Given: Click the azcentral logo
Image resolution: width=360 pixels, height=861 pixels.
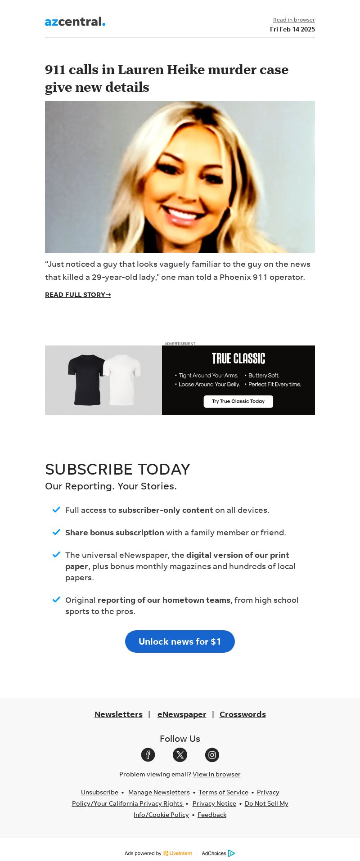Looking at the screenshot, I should point(75,22).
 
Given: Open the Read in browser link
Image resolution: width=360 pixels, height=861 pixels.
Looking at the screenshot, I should point(294,20).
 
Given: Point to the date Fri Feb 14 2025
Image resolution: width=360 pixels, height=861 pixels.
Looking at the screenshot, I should point(292,29).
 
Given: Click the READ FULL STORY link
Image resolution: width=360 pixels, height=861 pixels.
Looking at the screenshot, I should point(78,295).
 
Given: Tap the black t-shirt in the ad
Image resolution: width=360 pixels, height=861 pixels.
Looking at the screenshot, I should point(86,379).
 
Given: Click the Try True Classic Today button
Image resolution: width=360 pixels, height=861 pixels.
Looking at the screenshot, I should point(238,401).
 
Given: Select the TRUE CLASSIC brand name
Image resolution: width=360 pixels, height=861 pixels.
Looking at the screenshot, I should point(238,359).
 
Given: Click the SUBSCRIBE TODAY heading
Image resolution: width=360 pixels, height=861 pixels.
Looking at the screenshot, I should point(117,469).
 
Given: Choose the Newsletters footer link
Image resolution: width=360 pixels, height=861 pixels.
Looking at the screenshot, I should point(118,714).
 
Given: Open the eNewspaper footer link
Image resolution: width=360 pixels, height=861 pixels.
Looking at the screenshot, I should point(182,714).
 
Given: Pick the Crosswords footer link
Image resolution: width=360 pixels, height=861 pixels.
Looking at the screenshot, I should point(243,714).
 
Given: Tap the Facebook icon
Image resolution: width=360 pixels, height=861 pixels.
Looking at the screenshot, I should point(148,755).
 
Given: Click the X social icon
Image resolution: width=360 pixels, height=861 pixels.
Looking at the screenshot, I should point(180,755).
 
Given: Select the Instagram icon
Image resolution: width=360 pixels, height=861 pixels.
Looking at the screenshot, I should point(212,755).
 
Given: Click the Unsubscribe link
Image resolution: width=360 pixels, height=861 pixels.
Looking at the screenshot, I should point(99,792).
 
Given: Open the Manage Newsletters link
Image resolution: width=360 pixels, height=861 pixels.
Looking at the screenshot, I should point(159,792).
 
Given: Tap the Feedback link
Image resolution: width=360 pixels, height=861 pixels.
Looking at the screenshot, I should point(212,815).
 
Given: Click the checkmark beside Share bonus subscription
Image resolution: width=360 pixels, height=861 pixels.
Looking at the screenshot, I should point(56,532).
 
